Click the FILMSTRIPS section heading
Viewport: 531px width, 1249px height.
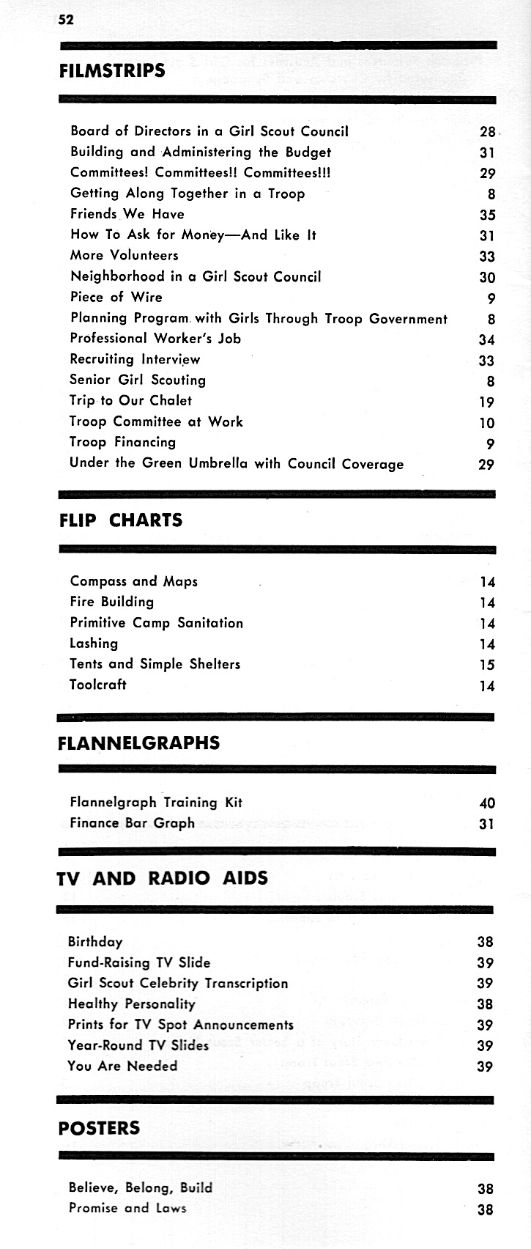(111, 71)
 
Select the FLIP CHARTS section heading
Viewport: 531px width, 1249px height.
(120, 520)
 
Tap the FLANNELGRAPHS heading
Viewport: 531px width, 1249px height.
(138, 743)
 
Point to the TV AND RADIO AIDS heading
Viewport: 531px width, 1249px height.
(162, 878)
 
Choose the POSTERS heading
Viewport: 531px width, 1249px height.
(98, 1128)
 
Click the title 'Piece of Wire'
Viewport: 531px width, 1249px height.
(116, 297)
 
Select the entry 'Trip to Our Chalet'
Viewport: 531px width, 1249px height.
(130, 400)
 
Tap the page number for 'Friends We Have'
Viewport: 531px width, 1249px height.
(487, 215)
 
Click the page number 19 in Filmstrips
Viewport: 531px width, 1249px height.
(486, 402)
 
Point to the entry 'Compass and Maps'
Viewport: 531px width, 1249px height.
(133, 581)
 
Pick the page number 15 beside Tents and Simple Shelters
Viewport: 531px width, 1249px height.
(487, 665)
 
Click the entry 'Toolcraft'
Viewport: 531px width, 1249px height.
(97, 685)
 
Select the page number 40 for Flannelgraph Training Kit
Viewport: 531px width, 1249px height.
(486, 803)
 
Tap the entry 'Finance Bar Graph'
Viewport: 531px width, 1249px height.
(132, 822)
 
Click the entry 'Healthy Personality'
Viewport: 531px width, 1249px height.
(131, 1003)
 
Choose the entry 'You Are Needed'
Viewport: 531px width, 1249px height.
(122, 1066)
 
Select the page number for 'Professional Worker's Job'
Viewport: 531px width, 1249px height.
(486, 339)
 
